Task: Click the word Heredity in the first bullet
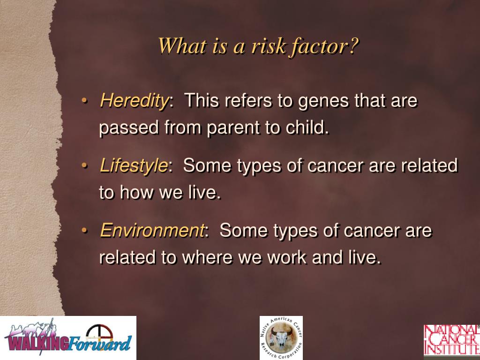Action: click(x=134, y=101)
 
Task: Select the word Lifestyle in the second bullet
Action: click(x=134, y=165)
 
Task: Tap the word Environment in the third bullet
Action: click(x=152, y=231)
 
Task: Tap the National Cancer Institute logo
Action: click(x=451, y=339)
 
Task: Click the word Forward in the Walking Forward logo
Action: click(x=100, y=343)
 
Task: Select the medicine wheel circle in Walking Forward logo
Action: click(x=99, y=333)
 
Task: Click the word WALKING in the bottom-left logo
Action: click(x=37, y=343)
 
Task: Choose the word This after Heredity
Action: click(x=202, y=101)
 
